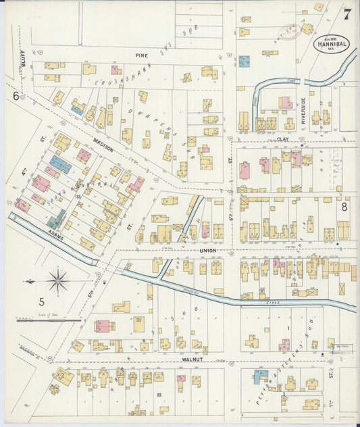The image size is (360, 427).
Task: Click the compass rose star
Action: click(x=59, y=280)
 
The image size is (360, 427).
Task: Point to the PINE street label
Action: click(x=142, y=55)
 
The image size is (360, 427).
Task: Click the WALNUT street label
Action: click(x=192, y=361)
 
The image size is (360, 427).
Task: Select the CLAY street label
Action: click(x=283, y=139)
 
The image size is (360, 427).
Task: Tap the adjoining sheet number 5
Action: click(x=41, y=302)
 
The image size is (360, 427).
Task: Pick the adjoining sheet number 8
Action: click(x=344, y=207)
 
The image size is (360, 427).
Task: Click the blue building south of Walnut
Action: click(x=261, y=377)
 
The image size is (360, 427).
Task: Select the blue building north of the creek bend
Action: click(x=244, y=61)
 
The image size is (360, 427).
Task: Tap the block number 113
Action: click(x=78, y=197)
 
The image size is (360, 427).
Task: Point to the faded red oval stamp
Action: click(x=289, y=31)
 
